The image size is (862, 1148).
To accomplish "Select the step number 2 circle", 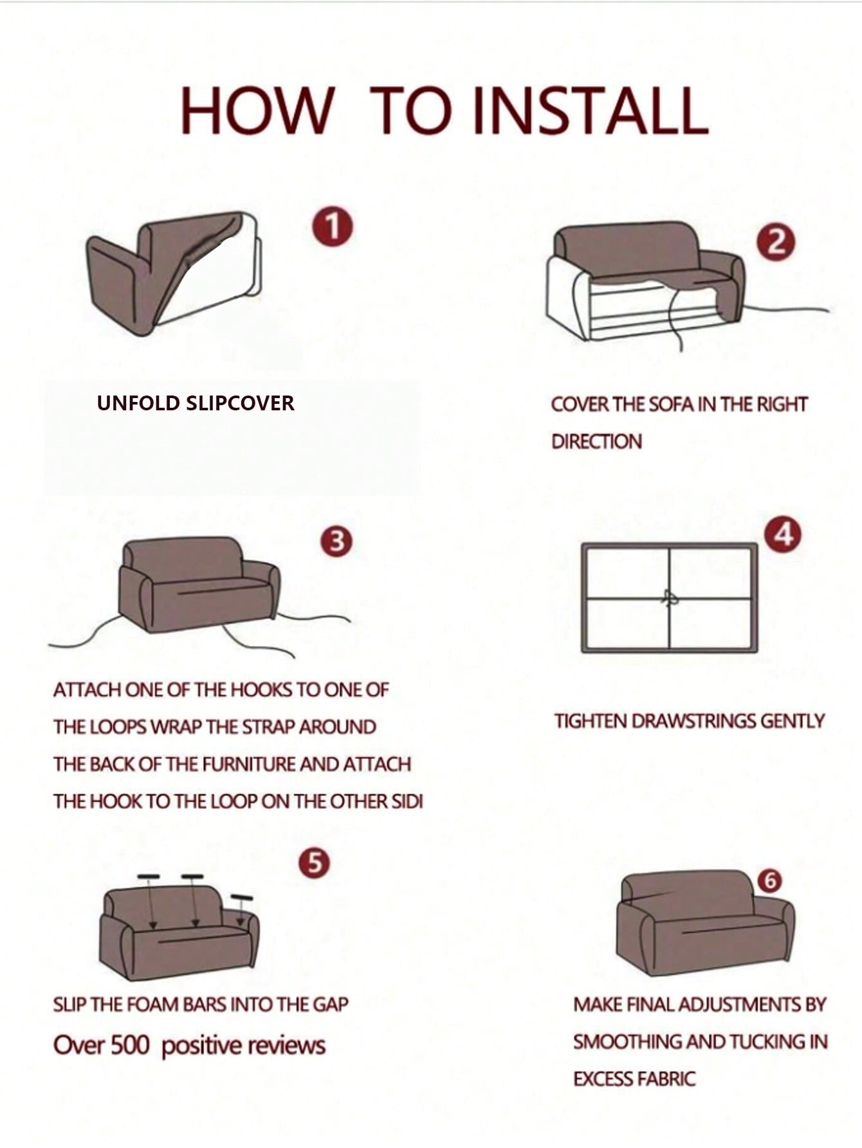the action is [x=777, y=242].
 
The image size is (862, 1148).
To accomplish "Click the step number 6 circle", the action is [x=769, y=880].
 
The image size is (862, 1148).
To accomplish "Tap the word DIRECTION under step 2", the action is [x=596, y=441].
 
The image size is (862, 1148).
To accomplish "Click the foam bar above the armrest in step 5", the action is [x=242, y=897].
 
